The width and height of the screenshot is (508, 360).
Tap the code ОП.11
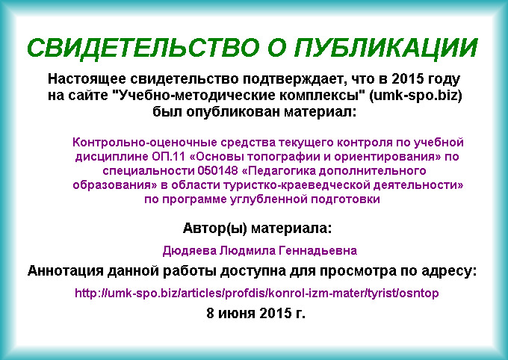(x=168, y=157)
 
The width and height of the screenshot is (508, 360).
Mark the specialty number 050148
(x=217, y=171)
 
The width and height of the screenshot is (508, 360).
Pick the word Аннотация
(x=66, y=271)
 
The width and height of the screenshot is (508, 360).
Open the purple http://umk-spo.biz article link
(x=256, y=293)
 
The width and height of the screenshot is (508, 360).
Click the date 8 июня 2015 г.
(x=255, y=314)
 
